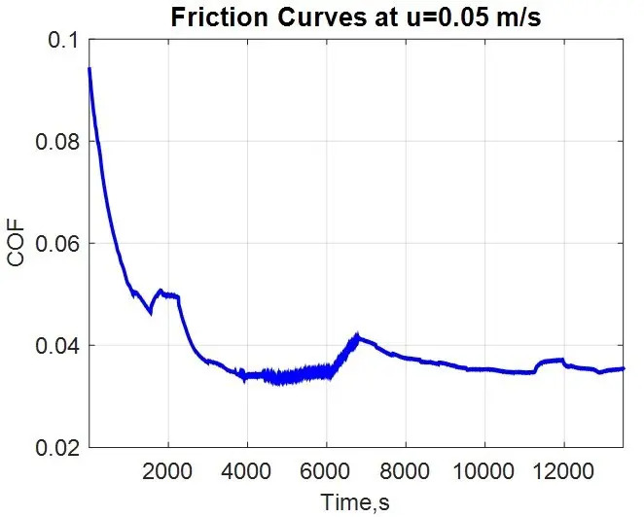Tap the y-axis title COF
pos(16,244)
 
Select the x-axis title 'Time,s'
pos(355,501)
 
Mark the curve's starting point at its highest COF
pos(89,69)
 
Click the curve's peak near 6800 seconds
pos(358,336)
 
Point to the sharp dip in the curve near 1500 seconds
pos(150,312)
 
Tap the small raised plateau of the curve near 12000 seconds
pos(555,361)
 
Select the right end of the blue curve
pos(623,368)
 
